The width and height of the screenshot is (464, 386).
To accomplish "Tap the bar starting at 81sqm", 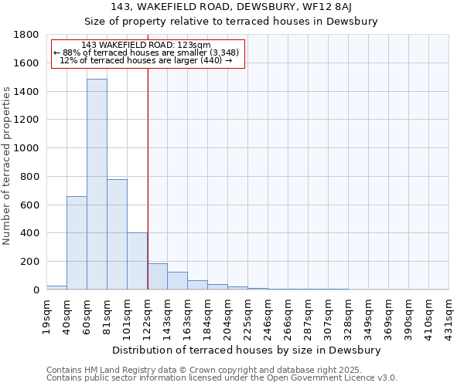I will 117,235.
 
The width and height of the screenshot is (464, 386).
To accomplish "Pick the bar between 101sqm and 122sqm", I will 137,261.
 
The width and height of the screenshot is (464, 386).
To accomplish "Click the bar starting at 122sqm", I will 157,276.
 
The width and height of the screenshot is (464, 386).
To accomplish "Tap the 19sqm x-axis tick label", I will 47,316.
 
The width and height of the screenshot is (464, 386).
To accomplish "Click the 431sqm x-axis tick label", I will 449,316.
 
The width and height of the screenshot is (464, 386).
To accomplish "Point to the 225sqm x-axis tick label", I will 248,316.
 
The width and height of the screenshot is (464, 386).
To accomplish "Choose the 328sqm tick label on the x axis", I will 349,316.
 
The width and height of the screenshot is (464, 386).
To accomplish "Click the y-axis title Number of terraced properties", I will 7,166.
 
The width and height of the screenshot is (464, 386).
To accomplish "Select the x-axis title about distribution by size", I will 247,350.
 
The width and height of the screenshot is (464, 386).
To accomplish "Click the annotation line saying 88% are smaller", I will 147,52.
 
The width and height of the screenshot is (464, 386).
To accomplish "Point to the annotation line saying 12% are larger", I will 147,60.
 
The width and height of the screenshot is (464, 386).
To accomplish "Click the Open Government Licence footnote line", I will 222,378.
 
